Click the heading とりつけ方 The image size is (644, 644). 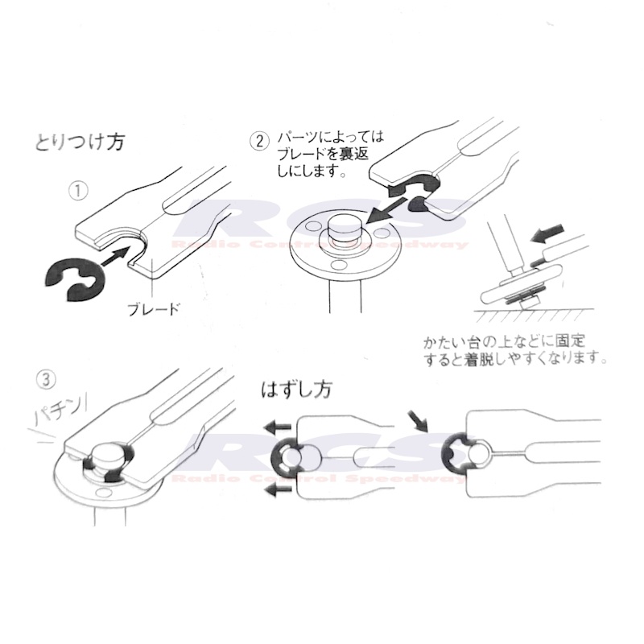79,142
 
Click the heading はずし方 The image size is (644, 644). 296,390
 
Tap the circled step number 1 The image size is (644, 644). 78,192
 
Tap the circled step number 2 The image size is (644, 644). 259,141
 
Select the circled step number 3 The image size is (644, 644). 46,380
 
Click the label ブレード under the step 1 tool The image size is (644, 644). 154,308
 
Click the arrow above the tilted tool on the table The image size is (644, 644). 547,233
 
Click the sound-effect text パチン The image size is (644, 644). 60,411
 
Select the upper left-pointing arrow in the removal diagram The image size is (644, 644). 277,427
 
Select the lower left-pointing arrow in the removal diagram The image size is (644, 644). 277,489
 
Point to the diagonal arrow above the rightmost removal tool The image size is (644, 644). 418,421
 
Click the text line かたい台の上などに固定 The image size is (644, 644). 504,341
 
